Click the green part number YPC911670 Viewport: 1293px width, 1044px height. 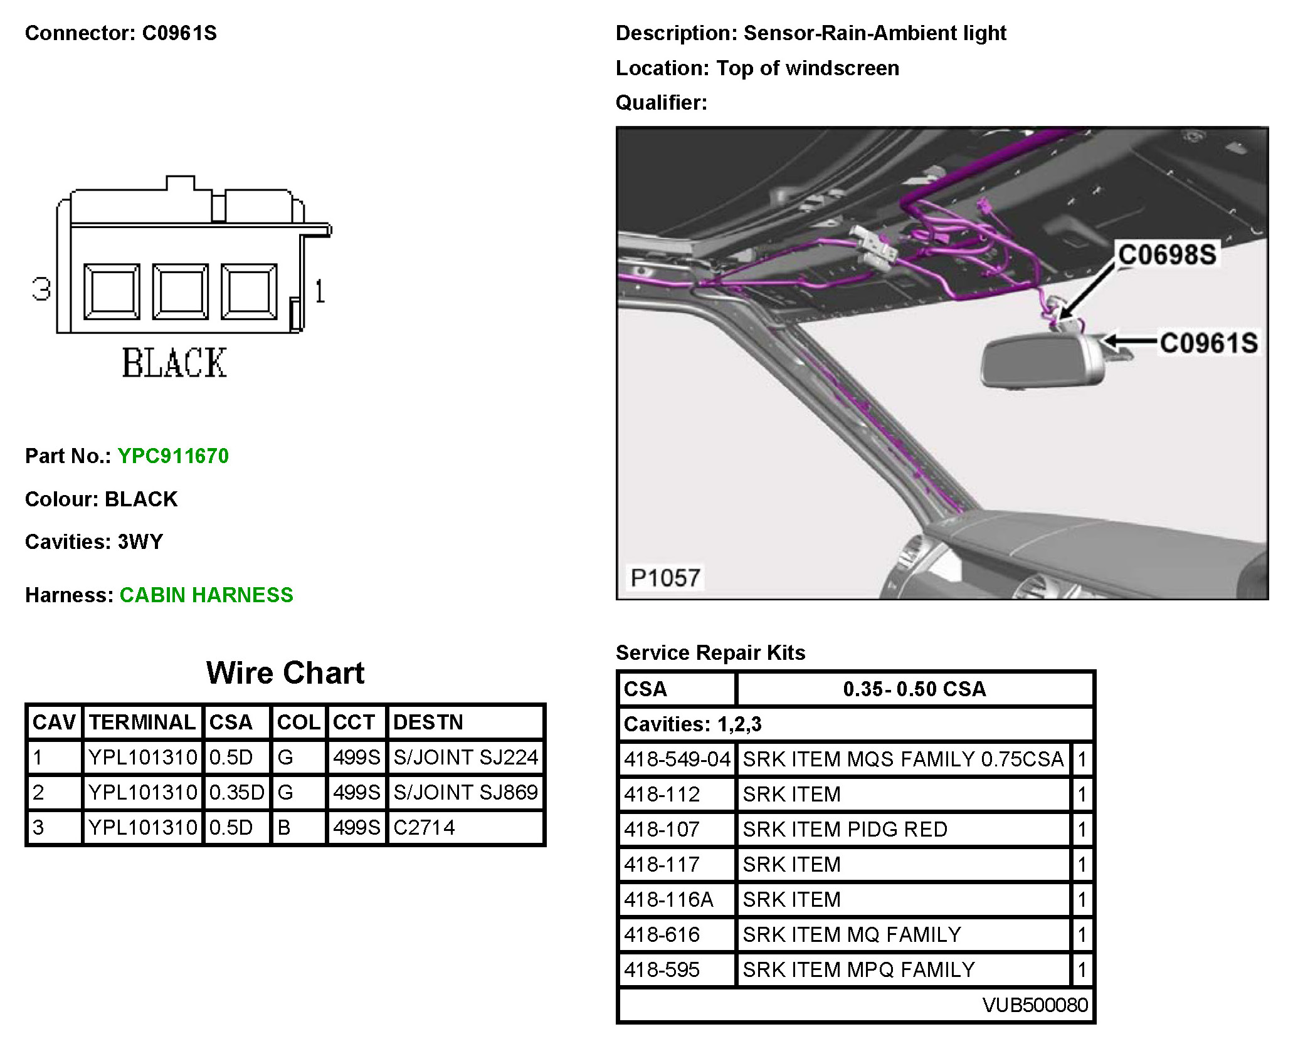(x=173, y=456)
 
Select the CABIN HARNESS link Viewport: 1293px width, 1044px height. (x=206, y=595)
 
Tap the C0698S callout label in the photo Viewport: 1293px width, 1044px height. (x=1167, y=255)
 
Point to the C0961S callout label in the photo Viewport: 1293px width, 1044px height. (x=1208, y=343)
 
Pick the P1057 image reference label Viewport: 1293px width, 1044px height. (x=665, y=578)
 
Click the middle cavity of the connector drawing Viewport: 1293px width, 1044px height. (x=181, y=291)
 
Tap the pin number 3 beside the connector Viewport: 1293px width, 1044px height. (x=41, y=290)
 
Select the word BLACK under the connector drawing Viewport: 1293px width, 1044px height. (x=174, y=363)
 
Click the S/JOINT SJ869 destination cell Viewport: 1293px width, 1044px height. (x=465, y=793)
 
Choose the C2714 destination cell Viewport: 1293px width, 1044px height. (x=424, y=828)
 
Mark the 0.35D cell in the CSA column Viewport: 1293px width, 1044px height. (x=236, y=793)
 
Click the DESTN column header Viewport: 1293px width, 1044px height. (x=428, y=723)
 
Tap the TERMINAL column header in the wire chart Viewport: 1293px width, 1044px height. (x=142, y=723)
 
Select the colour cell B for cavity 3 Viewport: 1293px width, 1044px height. (x=284, y=828)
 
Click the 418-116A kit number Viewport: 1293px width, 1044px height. (x=668, y=900)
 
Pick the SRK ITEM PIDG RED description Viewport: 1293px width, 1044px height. (x=845, y=830)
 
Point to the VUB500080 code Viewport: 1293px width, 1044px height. (x=1035, y=1005)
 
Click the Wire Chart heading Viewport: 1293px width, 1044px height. (x=285, y=673)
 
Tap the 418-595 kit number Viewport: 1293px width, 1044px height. (x=662, y=970)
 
